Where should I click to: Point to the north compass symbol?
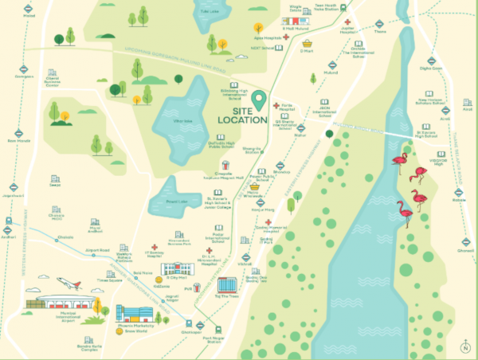point(464,346)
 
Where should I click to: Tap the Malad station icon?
point(29,6)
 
